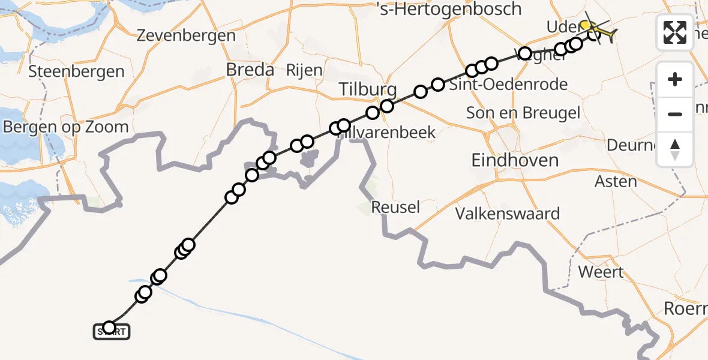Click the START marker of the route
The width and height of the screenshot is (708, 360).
pos(111,331)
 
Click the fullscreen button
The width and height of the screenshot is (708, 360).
pos(675,32)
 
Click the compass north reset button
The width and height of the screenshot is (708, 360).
pos(675,149)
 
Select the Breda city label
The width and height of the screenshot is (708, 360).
pos(250,70)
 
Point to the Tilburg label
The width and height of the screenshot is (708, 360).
pos(368,90)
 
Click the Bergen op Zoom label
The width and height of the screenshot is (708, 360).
pos(66,127)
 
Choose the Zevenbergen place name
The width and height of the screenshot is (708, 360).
pos(186,35)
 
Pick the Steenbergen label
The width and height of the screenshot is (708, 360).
pos(77,72)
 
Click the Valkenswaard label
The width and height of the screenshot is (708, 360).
pos(508,214)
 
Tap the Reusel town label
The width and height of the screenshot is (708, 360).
pos(395,208)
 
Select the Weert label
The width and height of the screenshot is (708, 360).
pos(601,271)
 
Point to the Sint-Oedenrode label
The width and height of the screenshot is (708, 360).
pos(517,85)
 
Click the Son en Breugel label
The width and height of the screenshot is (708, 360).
pos(523,113)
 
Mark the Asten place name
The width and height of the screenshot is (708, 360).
pos(616,181)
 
